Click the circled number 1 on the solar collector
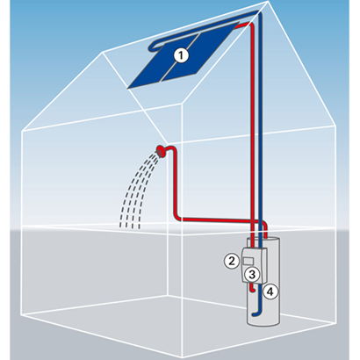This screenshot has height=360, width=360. (181, 55)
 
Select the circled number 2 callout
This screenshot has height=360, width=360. (232, 261)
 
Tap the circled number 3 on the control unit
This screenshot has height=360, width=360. (252, 275)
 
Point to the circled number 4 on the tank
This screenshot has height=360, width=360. (270, 292)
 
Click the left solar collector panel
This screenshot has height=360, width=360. (160, 63)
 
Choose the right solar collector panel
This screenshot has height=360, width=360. (201, 52)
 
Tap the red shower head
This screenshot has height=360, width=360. (161, 151)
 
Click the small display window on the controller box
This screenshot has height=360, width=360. (248, 261)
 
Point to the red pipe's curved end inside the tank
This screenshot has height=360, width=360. (253, 288)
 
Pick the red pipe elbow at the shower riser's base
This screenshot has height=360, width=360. (178, 217)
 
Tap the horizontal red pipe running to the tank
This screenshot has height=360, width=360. (220, 220)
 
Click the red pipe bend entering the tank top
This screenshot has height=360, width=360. (264, 227)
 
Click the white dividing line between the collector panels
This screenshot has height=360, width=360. (181, 58)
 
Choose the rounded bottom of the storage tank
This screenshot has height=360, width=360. (263, 321)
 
